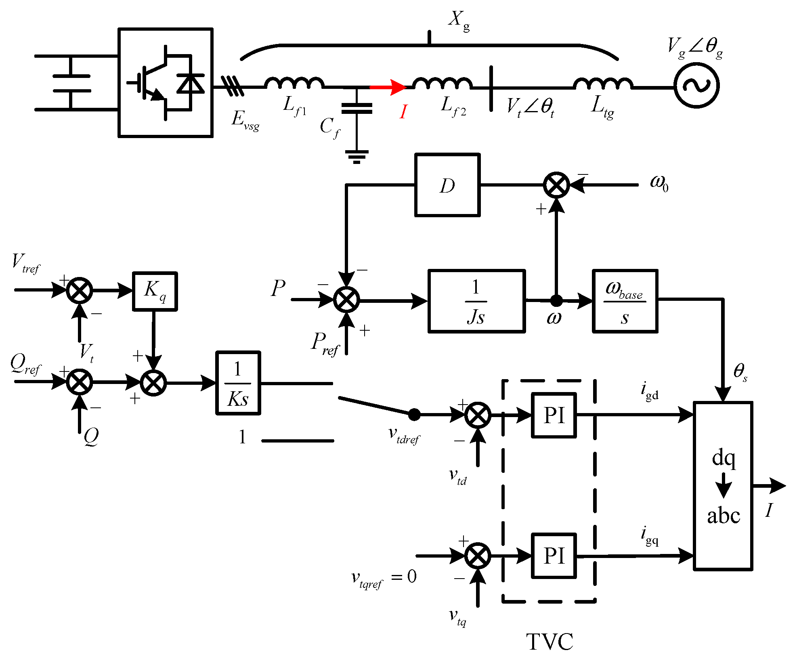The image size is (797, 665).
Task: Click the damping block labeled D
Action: pos(447,185)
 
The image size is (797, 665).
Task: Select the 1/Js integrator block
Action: pos(476,301)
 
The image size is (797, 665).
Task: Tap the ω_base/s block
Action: pos(625,301)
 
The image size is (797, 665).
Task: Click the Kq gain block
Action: pos(155,291)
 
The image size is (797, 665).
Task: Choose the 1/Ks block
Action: pos(238,383)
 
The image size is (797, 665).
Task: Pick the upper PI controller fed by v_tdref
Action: pos(554,415)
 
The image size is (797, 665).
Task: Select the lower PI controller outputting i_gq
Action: pos(554,556)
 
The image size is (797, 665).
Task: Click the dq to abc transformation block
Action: pos(723,486)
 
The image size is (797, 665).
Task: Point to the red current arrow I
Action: pos(388,87)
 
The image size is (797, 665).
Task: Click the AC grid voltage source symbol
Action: pos(696,85)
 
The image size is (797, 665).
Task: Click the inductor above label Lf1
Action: pos(294,83)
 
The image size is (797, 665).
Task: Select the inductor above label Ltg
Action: pos(603,83)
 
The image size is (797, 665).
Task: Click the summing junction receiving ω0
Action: pos(556,185)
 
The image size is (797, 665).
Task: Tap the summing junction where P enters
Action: pos(346,300)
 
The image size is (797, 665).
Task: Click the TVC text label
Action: pos(550,642)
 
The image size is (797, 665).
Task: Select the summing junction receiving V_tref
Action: pos(80,290)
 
